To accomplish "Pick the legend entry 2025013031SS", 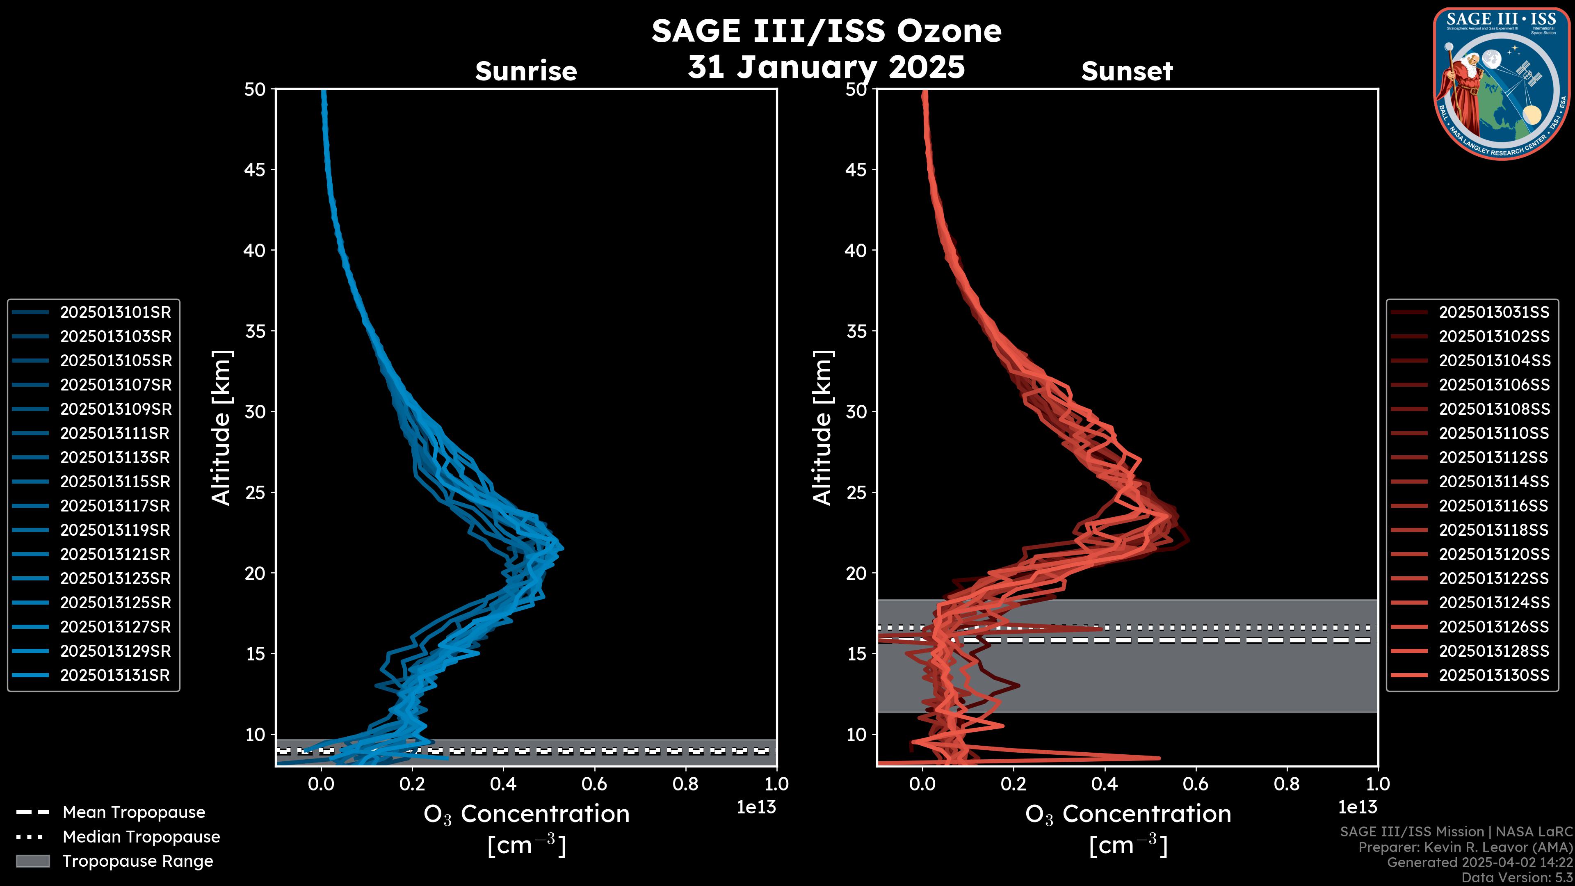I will coord(1494,313).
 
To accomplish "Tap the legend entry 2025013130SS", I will coord(1494,676).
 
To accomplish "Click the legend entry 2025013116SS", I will coord(1494,506).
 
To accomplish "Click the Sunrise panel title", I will coord(526,71).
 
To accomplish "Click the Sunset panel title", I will coord(1127,71).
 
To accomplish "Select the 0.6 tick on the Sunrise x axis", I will coord(594,784).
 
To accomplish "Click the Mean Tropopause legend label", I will coord(134,813).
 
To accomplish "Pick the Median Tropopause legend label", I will coord(141,837).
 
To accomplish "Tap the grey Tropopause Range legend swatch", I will coord(32,861).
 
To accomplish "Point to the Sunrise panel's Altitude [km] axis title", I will coord(221,428).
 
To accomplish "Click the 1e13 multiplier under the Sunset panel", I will coord(1357,808).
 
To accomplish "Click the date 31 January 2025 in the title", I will coord(826,67).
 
